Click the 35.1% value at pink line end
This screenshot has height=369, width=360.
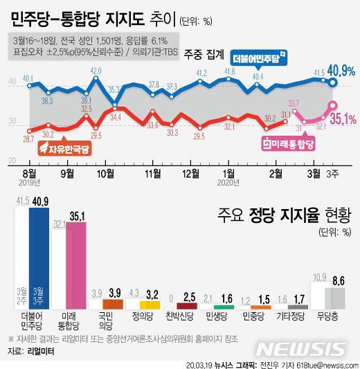tap(343, 118)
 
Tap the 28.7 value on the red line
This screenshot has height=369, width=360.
tap(28, 139)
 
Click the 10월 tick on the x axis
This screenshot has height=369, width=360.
tap(106, 172)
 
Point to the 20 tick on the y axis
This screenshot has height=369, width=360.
tap(12, 160)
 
